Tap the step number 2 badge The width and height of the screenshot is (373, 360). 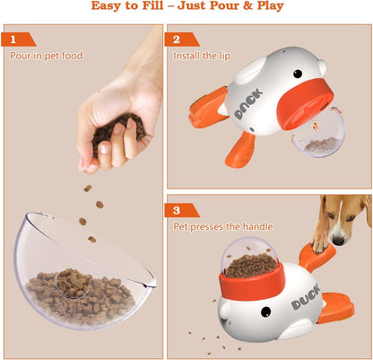[177, 40]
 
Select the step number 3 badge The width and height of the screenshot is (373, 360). [177, 211]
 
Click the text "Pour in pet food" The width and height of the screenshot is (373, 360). [46, 56]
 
